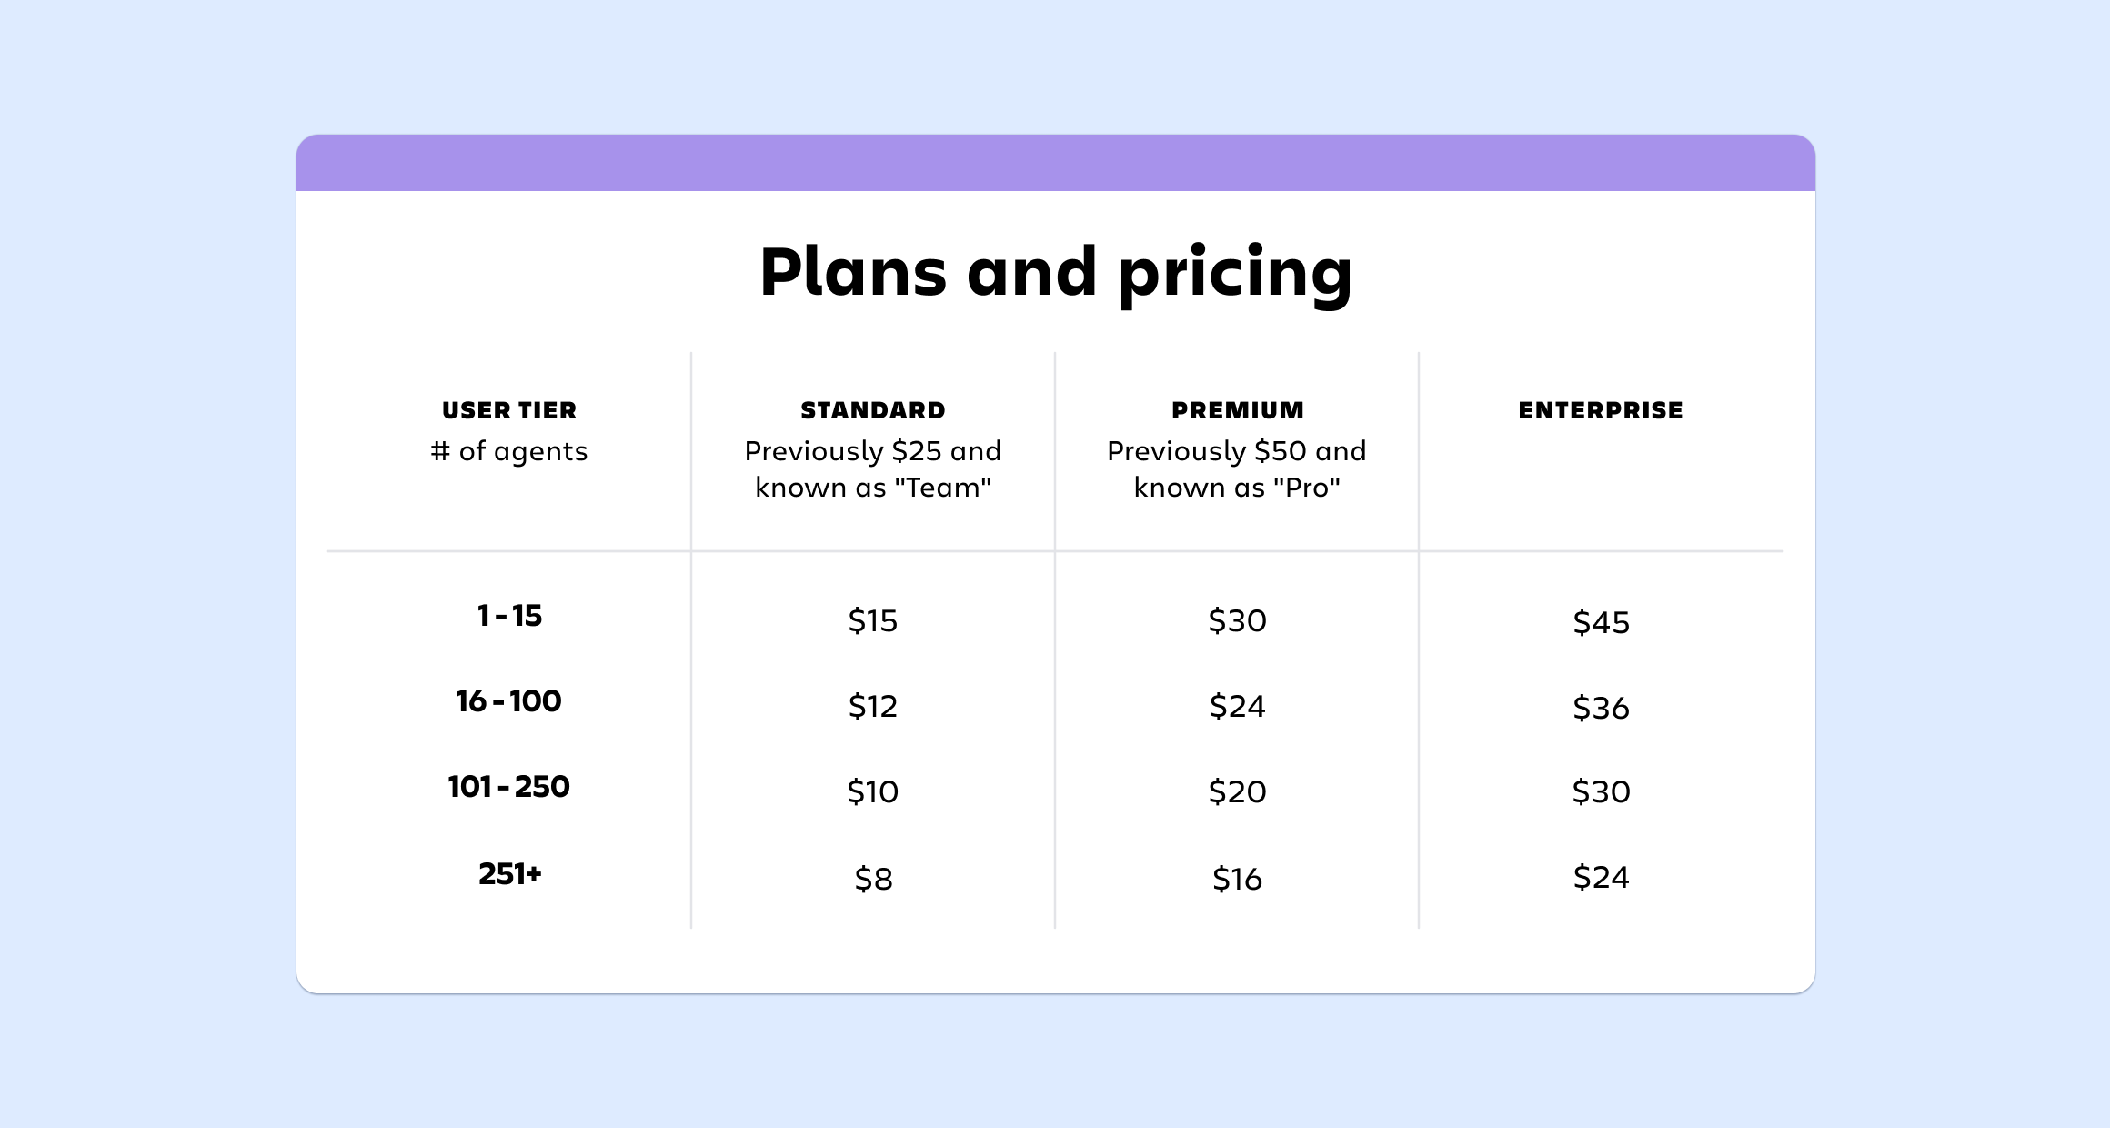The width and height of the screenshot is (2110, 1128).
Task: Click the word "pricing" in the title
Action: pyautogui.click(x=1235, y=275)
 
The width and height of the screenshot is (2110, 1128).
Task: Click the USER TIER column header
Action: pyautogui.click(x=509, y=410)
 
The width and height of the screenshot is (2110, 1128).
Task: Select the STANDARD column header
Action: pyautogui.click(x=873, y=410)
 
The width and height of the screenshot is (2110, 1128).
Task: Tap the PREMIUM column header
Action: pyautogui.click(x=1238, y=410)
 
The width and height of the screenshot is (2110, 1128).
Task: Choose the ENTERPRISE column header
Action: pyautogui.click(x=1601, y=410)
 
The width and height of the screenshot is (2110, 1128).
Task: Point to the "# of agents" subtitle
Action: pyautogui.click(x=509, y=451)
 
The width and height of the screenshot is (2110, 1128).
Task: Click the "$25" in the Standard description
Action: pyautogui.click(x=917, y=451)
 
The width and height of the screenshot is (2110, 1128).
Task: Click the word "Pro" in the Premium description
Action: pyautogui.click(x=1306, y=488)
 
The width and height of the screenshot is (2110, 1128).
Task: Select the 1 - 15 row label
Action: pyautogui.click(x=509, y=616)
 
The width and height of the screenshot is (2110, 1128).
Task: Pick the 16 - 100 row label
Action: pyautogui.click(x=509, y=701)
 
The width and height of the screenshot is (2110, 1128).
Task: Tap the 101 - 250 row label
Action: pyautogui.click(x=509, y=787)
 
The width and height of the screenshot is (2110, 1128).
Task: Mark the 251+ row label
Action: pyautogui.click(x=510, y=874)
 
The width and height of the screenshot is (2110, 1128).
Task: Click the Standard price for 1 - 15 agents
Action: pyautogui.click(x=873, y=621)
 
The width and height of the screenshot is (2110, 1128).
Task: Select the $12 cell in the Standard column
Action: pyautogui.click(x=873, y=707)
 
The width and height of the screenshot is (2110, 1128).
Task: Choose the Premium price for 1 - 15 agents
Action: pyautogui.click(x=1238, y=621)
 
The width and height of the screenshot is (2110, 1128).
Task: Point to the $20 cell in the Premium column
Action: pyautogui.click(x=1238, y=792)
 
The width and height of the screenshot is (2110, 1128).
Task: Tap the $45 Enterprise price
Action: pyautogui.click(x=1602, y=623)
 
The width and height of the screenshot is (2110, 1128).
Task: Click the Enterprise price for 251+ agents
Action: pyautogui.click(x=1602, y=878)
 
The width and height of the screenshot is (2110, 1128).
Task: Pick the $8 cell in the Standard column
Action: pyautogui.click(x=873, y=880)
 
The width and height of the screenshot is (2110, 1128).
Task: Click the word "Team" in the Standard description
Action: pyautogui.click(x=943, y=488)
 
